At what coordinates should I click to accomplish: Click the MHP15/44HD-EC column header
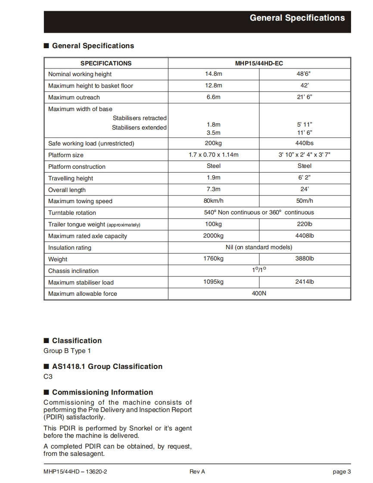(259, 63)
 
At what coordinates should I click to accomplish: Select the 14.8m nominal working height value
(213, 74)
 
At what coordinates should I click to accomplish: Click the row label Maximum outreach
(74, 97)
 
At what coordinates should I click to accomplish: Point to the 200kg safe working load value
(213, 143)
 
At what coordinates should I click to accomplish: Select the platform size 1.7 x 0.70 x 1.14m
(213, 155)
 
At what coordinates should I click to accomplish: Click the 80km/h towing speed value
(213, 201)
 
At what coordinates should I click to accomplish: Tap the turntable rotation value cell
(259, 213)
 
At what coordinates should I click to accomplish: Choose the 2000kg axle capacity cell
(213, 236)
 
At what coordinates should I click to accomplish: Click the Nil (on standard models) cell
(259, 248)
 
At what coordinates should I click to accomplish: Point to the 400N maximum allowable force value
(259, 294)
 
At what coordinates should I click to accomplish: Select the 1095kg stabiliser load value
(213, 282)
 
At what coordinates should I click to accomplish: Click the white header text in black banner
(297, 18)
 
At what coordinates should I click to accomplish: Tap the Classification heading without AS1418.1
(77, 341)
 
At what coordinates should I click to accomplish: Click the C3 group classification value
(48, 377)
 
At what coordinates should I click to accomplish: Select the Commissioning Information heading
(102, 392)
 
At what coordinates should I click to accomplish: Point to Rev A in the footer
(197, 472)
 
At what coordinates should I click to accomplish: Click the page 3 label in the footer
(342, 472)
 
